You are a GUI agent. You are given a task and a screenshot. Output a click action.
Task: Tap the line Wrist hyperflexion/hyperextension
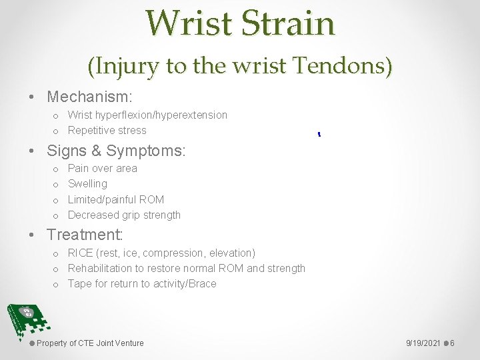pos(147,115)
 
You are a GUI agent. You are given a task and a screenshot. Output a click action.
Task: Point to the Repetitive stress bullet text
pos(107,130)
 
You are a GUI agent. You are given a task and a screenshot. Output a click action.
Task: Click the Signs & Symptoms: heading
pos(116,151)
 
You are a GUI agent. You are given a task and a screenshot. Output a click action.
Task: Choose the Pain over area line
pos(102,168)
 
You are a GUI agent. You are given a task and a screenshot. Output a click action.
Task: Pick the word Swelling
pos(87,183)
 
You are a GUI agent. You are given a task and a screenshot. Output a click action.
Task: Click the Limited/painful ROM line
pos(115,199)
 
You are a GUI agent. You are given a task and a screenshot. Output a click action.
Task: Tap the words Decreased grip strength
pos(124,215)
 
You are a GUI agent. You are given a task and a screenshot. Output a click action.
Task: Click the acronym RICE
pos(81,253)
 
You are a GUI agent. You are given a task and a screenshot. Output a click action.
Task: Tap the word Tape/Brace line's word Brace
pos(202,283)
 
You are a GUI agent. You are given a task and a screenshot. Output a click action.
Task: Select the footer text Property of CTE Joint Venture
pos(90,343)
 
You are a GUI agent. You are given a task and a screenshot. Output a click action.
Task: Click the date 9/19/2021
pos(423,343)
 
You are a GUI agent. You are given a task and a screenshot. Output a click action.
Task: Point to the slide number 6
pos(453,343)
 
